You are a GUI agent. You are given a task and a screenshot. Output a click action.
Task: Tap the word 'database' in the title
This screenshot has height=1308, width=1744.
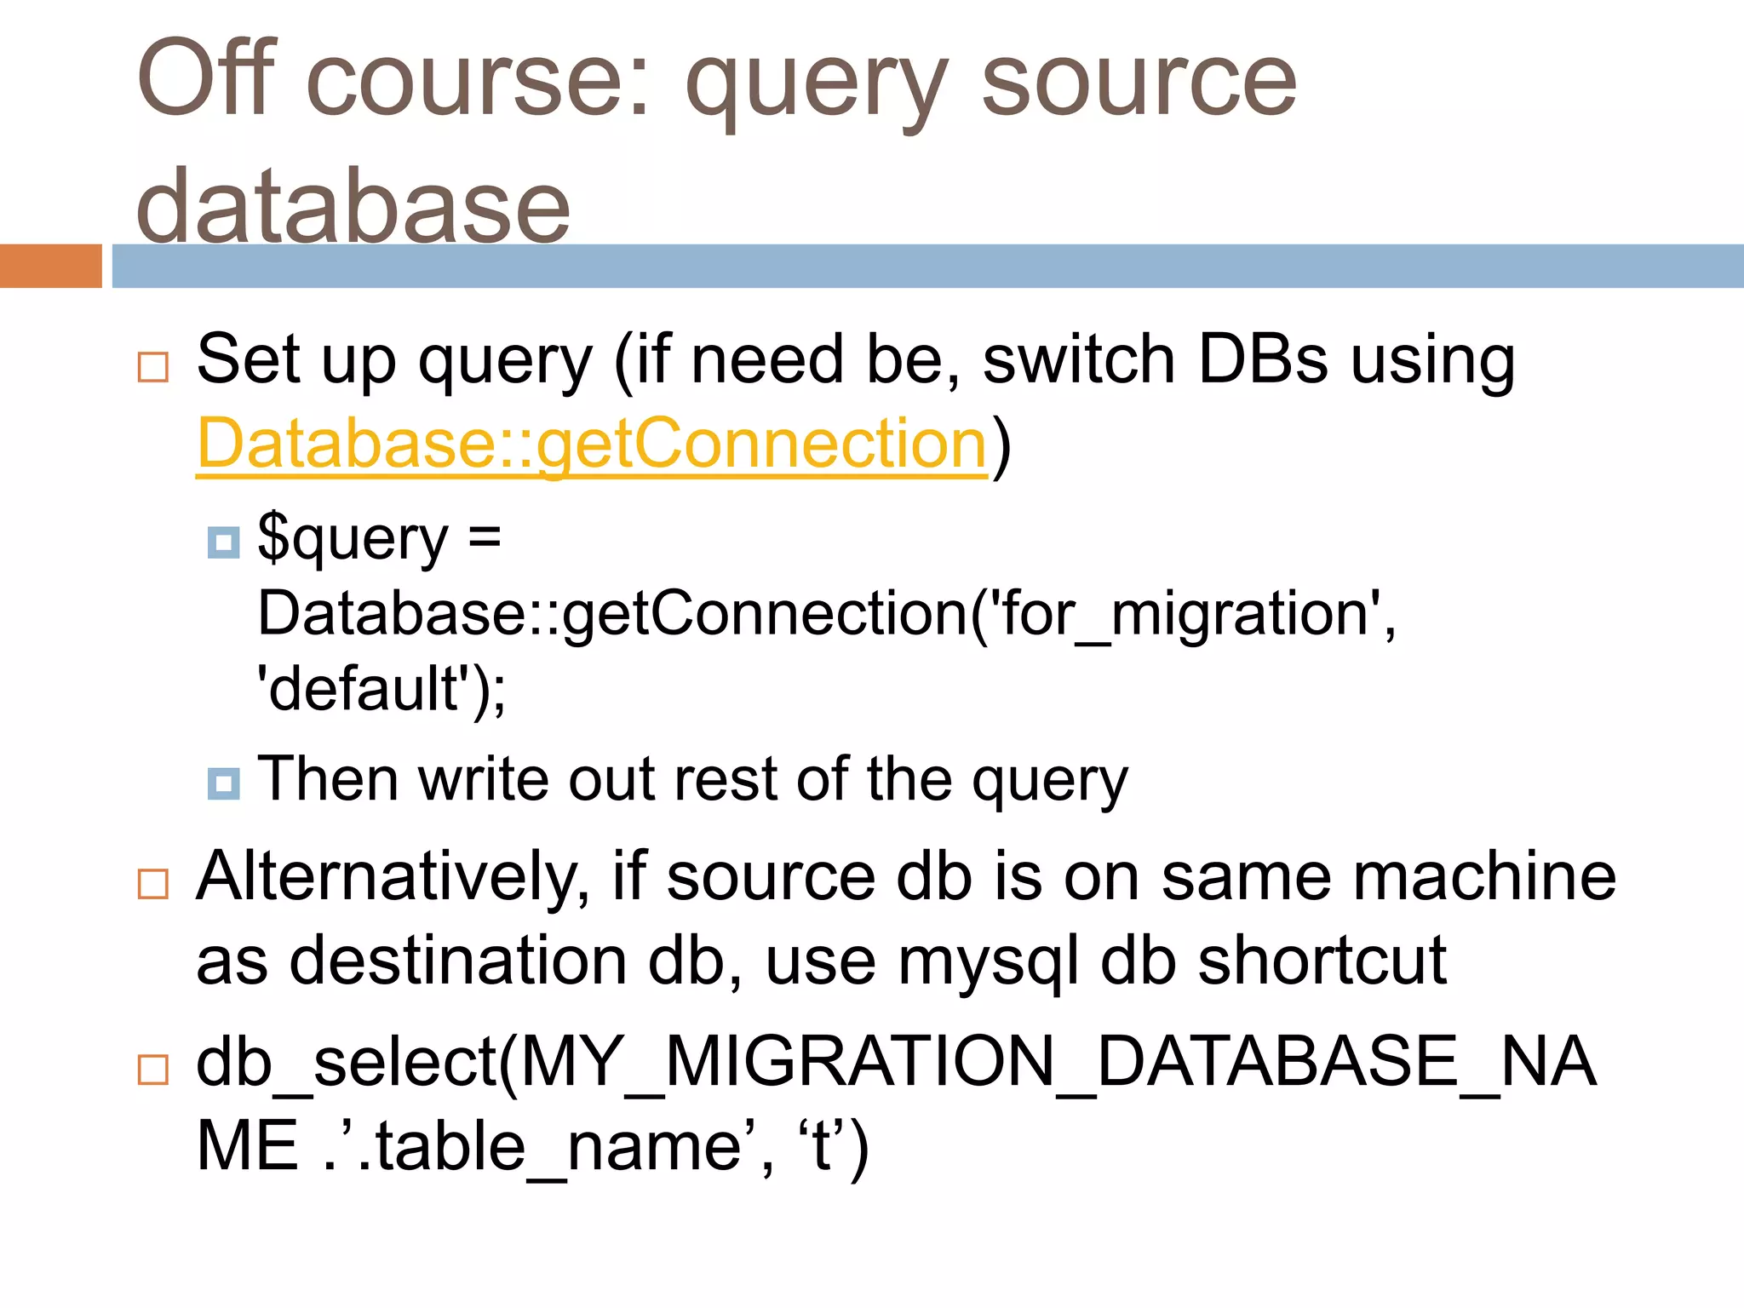(353, 204)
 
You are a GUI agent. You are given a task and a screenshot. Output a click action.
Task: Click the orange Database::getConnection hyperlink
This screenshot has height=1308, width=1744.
(592, 444)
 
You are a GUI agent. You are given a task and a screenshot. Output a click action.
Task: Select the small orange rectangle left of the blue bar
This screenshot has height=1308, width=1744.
(50, 266)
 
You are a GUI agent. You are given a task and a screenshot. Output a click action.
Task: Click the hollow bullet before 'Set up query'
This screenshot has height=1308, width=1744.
(153, 367)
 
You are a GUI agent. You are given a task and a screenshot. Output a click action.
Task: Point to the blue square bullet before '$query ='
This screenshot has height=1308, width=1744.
(223, 542)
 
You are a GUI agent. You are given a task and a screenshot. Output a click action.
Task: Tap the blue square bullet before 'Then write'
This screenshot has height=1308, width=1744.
(223, 783)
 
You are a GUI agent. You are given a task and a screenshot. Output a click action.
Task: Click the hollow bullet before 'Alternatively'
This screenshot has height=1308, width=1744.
(153, 883)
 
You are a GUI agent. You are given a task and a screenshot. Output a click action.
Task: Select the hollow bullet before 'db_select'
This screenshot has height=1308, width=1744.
(153, 1069)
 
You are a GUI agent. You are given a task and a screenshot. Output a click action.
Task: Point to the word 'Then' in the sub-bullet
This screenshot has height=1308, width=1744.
(328, 779)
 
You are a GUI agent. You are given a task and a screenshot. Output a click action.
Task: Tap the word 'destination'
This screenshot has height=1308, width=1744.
(460, 961)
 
